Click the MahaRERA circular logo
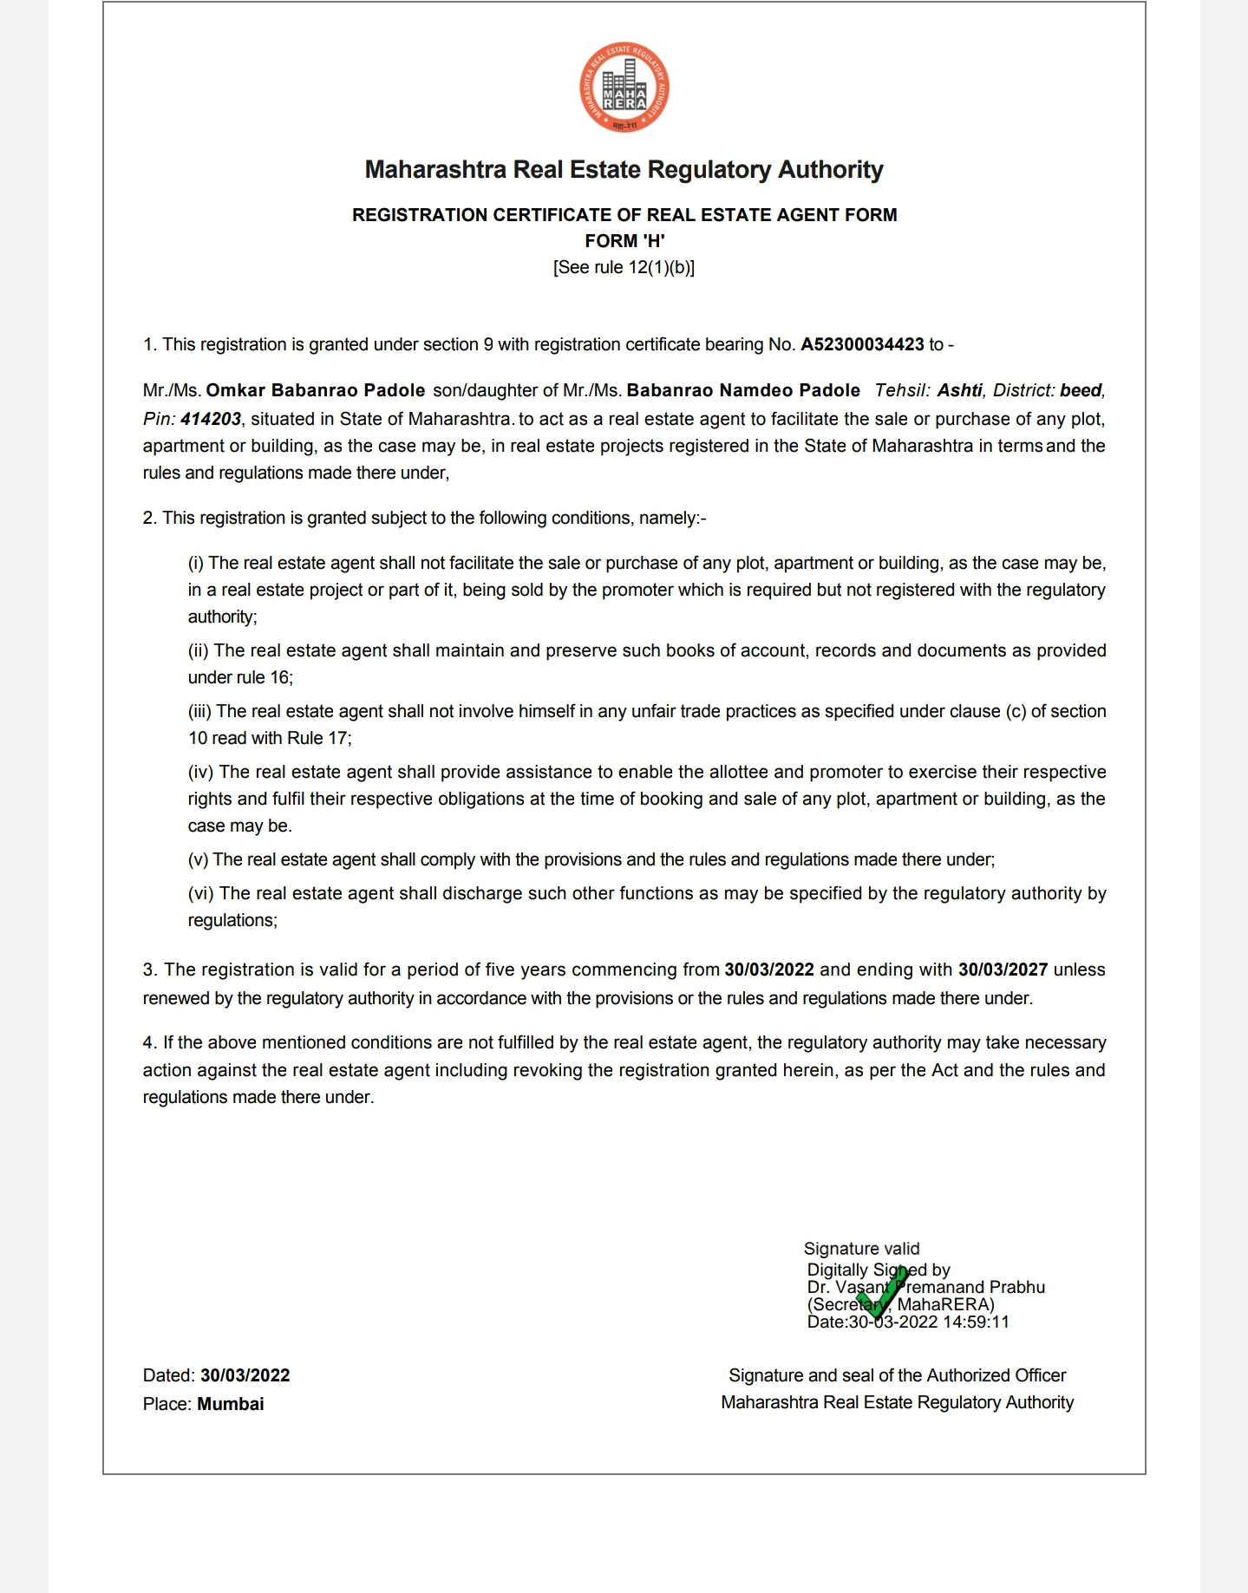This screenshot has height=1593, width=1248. (624, 88)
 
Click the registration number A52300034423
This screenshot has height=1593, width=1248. (862, 344)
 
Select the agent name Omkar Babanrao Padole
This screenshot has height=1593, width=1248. (316, 390)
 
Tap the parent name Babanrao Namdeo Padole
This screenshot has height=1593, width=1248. (743, 390)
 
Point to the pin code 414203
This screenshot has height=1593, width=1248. (211, 419)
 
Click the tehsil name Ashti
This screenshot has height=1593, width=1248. (960, 390)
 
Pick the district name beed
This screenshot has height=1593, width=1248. (1081, 390)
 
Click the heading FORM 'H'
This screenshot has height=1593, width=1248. (624, 241)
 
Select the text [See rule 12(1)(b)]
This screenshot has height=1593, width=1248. (624, 267)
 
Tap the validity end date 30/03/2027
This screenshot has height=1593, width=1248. (1003, 970)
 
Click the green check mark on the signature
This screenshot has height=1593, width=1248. (882, 1293)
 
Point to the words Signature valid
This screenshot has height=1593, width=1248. (861, 1249)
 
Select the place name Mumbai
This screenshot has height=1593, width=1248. (231, 1404)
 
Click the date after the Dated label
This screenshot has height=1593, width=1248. (245, 1375)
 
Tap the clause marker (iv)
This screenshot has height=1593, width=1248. (201, 772)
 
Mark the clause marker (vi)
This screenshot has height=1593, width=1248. (201, 893)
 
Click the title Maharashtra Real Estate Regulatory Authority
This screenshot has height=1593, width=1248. (624, 169)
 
